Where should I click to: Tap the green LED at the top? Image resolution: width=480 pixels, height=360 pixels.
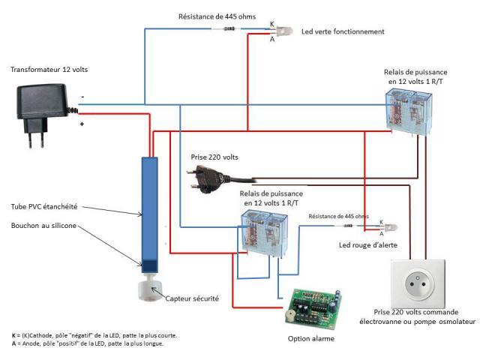[x=285, y=31]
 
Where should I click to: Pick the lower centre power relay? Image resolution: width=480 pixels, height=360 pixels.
[x=265, y=232]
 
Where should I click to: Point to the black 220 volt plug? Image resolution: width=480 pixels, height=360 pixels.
[x=206, y=177]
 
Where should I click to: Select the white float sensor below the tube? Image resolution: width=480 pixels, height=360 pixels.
[x=151, y=289]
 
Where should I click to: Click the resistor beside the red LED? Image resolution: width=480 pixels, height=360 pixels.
[x=348, y=226]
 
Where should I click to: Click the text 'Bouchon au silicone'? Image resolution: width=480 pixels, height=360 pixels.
[x=43, y=226]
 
